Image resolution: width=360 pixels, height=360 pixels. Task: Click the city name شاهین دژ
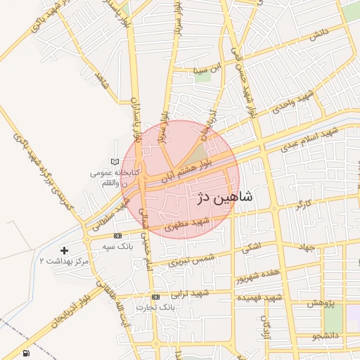click(x=224, y=199)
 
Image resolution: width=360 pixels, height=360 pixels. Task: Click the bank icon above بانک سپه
click(x=117, y=236)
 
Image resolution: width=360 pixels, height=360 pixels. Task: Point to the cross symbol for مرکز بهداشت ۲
click(x=65, y=250)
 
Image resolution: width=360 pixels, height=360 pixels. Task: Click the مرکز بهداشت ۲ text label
click(x=65, y=261)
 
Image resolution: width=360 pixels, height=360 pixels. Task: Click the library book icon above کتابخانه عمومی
click(x=115, y=162)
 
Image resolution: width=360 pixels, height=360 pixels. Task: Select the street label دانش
click(x=318, y=35)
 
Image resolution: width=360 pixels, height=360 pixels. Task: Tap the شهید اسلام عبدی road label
click(x=309, y=139)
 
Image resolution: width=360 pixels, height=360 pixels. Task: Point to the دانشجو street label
click(x=325, y=337)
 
